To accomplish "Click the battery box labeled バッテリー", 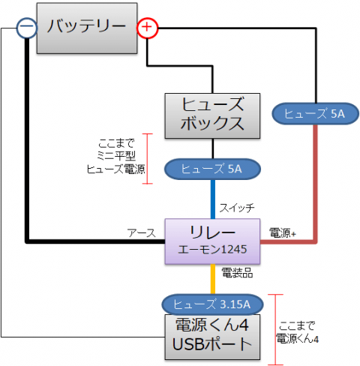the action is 87,28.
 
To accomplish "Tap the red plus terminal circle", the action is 148,28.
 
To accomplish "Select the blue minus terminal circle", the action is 27,28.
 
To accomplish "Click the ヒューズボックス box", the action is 212,115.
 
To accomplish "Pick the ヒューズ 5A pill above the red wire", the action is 316,114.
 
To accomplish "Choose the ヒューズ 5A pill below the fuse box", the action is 212,169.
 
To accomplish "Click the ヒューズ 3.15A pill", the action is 212,304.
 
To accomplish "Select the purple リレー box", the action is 212,241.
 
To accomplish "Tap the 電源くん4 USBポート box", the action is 212,337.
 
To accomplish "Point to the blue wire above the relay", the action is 213,199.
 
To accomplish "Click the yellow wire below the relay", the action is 213,279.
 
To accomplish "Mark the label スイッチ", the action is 237,208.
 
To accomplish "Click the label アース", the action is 142,233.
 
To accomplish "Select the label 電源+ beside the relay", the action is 283,233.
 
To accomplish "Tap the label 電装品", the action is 237,273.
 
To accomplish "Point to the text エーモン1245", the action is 212,250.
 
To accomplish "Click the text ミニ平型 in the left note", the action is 116,156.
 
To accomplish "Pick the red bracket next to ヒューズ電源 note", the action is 148,159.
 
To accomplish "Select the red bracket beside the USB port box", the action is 275,330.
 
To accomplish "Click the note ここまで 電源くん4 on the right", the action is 297,333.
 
